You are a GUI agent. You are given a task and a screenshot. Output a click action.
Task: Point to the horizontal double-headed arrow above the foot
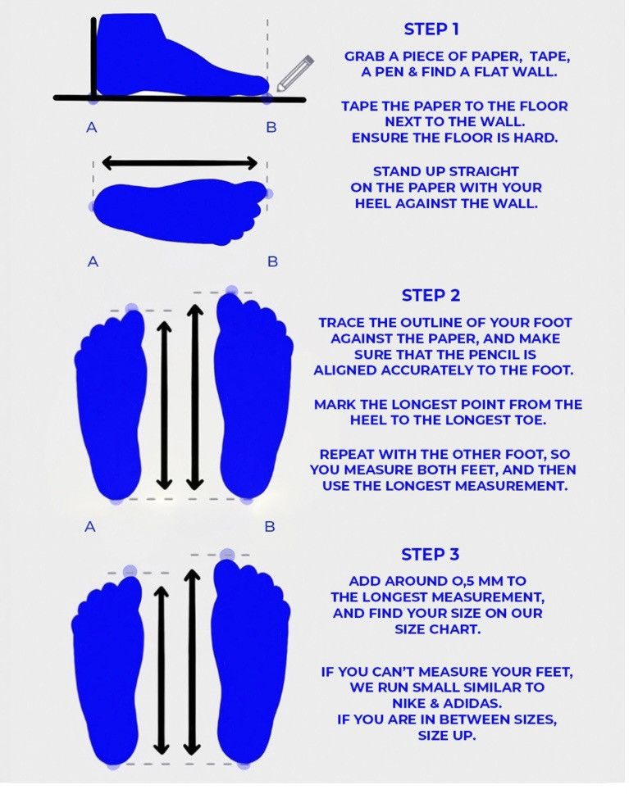180,164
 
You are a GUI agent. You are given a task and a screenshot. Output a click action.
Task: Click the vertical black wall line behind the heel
93,58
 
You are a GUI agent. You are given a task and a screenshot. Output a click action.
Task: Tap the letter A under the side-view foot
92,128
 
